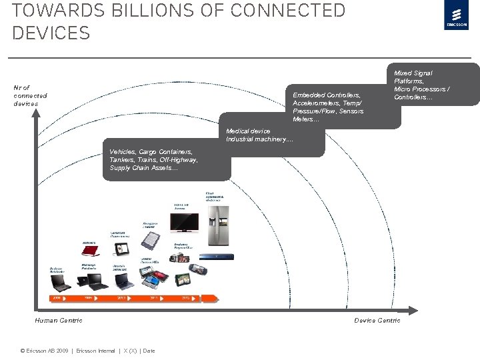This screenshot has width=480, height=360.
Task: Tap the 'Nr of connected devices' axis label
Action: click(31, 95)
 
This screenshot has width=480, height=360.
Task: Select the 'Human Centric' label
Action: click(59, 321)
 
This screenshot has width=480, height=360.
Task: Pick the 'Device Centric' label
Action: click(377, 321)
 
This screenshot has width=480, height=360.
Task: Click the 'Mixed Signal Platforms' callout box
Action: click(434, 85)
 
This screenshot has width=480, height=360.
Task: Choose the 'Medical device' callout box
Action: click(273, 136)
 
